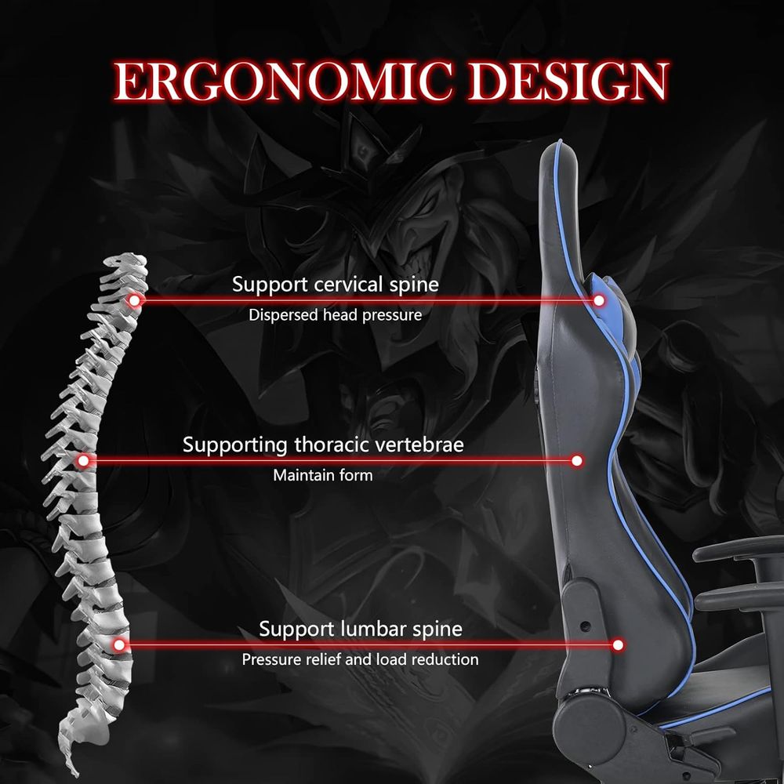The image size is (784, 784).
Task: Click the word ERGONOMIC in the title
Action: click(283, 81)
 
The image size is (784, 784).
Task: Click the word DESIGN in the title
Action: click(568, 81)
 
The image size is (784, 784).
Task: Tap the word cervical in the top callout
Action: click(349, 285)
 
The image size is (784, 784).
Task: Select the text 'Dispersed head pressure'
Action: click(335, 315)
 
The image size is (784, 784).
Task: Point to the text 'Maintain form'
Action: click(322, 475)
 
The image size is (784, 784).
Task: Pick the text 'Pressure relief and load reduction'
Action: click(360, 659)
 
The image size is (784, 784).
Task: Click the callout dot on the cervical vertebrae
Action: click(134, 300)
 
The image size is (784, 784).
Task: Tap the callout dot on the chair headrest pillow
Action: click(598, 300)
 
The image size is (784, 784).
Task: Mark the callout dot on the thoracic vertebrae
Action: click(84, 460)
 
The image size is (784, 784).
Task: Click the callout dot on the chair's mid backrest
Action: click(576, 460)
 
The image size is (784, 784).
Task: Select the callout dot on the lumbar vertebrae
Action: click(119, 645)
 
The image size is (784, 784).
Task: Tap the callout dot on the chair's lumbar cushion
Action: click(618, 645)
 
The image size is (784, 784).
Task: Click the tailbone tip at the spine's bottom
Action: click(76, 775)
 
